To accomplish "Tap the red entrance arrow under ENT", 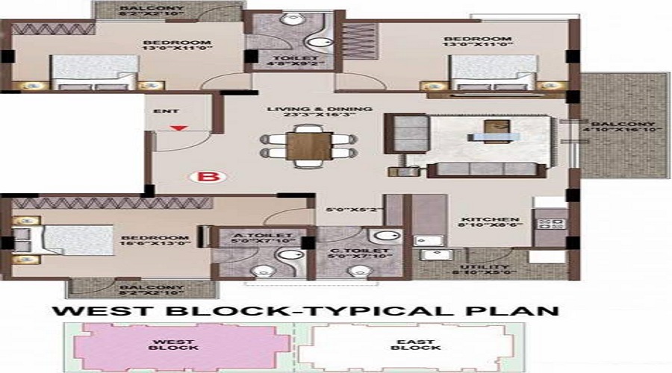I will point(177,128).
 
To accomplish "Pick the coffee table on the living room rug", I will point(495,137).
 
